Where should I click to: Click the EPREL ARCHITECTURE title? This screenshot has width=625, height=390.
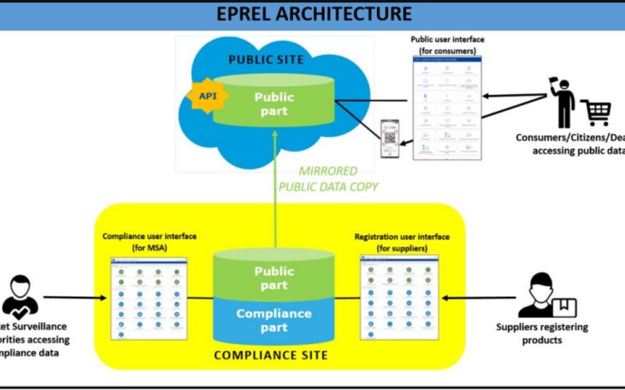[314, 14]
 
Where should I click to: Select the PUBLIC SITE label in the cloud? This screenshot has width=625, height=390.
[264, 60]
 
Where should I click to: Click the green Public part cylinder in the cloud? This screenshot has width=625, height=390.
[274, 104]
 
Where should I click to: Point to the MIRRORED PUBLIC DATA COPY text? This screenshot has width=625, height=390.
[328, 179]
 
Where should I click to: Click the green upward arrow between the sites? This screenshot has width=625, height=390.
[275, 191]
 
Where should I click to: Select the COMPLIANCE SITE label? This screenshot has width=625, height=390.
[271, 355]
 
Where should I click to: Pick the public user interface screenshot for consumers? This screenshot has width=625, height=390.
[447, 108]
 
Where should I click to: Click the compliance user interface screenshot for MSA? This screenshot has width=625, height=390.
[149, 299]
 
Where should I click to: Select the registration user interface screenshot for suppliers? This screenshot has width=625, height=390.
[399, 297]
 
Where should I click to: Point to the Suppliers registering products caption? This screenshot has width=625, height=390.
[542, 333]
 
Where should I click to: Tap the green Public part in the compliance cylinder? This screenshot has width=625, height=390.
[274, 278]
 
